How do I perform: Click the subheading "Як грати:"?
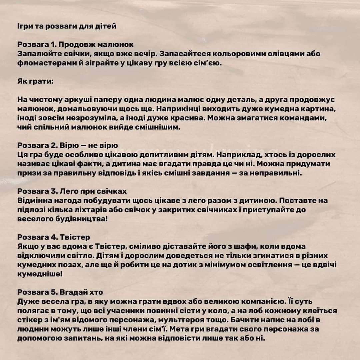(x=35, y=81)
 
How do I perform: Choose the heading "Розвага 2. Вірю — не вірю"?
(x=68, y=146)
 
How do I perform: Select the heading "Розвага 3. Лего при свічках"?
(x=72, y=191)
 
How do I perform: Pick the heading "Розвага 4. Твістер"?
(x=54, y=237)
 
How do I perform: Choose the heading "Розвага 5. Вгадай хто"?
(x=60, y=292)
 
